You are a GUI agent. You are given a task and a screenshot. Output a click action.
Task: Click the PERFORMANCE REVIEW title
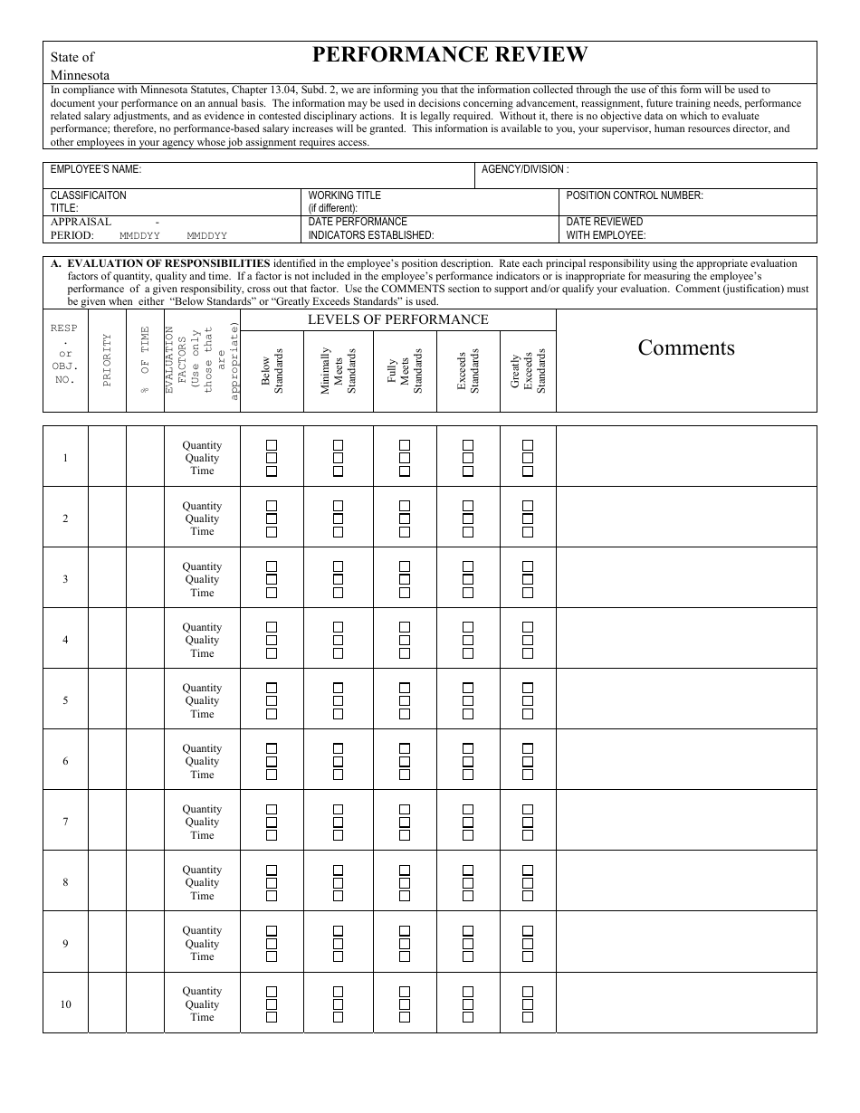pyautogui.click(x=450, y=55)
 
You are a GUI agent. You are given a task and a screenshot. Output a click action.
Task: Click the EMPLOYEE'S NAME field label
pyautogui.click(x=96, y=169)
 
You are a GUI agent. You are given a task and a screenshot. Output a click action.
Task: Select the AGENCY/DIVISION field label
pyautogui.click(x=525, y=169)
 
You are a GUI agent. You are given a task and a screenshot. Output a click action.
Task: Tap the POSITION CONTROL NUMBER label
pyautogui.click(x=635, y=195)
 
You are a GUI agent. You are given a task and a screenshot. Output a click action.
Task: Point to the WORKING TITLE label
pyautogui.click(x=345, y=195)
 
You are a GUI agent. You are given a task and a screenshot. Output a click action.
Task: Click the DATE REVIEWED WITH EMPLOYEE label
pyautogui.click(x=606, y=228)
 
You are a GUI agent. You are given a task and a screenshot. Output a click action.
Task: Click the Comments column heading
pyautogui.click(x=686, y=347)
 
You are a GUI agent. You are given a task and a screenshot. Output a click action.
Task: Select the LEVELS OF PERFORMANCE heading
pyautogui.click(x=398, y=319)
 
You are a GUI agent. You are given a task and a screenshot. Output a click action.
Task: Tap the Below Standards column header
pyautogui.click(x=272, y=370)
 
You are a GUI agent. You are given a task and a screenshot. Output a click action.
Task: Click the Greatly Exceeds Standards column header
pyautogui.click(x=528, y=370)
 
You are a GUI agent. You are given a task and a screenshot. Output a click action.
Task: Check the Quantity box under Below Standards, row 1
pyautogui.click(x=271, y=445)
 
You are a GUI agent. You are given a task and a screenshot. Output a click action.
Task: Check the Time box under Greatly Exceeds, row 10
pyautogui.click(x=528, y=1017)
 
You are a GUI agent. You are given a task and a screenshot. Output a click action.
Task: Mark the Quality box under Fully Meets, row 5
pyautogui.click(x=405, y=700)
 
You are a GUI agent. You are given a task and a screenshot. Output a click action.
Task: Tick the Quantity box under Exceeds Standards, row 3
pyautogui.click(x=468, y=566)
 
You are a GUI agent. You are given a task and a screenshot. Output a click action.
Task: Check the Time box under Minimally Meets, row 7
pyautogui.click(x=338, y=835)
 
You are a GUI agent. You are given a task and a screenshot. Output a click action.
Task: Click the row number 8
pyautogui.click(x=65, y=882)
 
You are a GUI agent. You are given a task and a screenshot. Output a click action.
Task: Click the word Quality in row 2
pyautogui.click(x=202, y=518)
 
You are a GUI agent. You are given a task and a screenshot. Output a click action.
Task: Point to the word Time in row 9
pyautogui.click(x=202, y=956)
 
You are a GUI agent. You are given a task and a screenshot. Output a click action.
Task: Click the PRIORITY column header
pyautogui.click(x=107, y=360)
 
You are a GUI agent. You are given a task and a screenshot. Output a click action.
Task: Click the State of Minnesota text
pyautogui.click(x=80, y=65)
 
